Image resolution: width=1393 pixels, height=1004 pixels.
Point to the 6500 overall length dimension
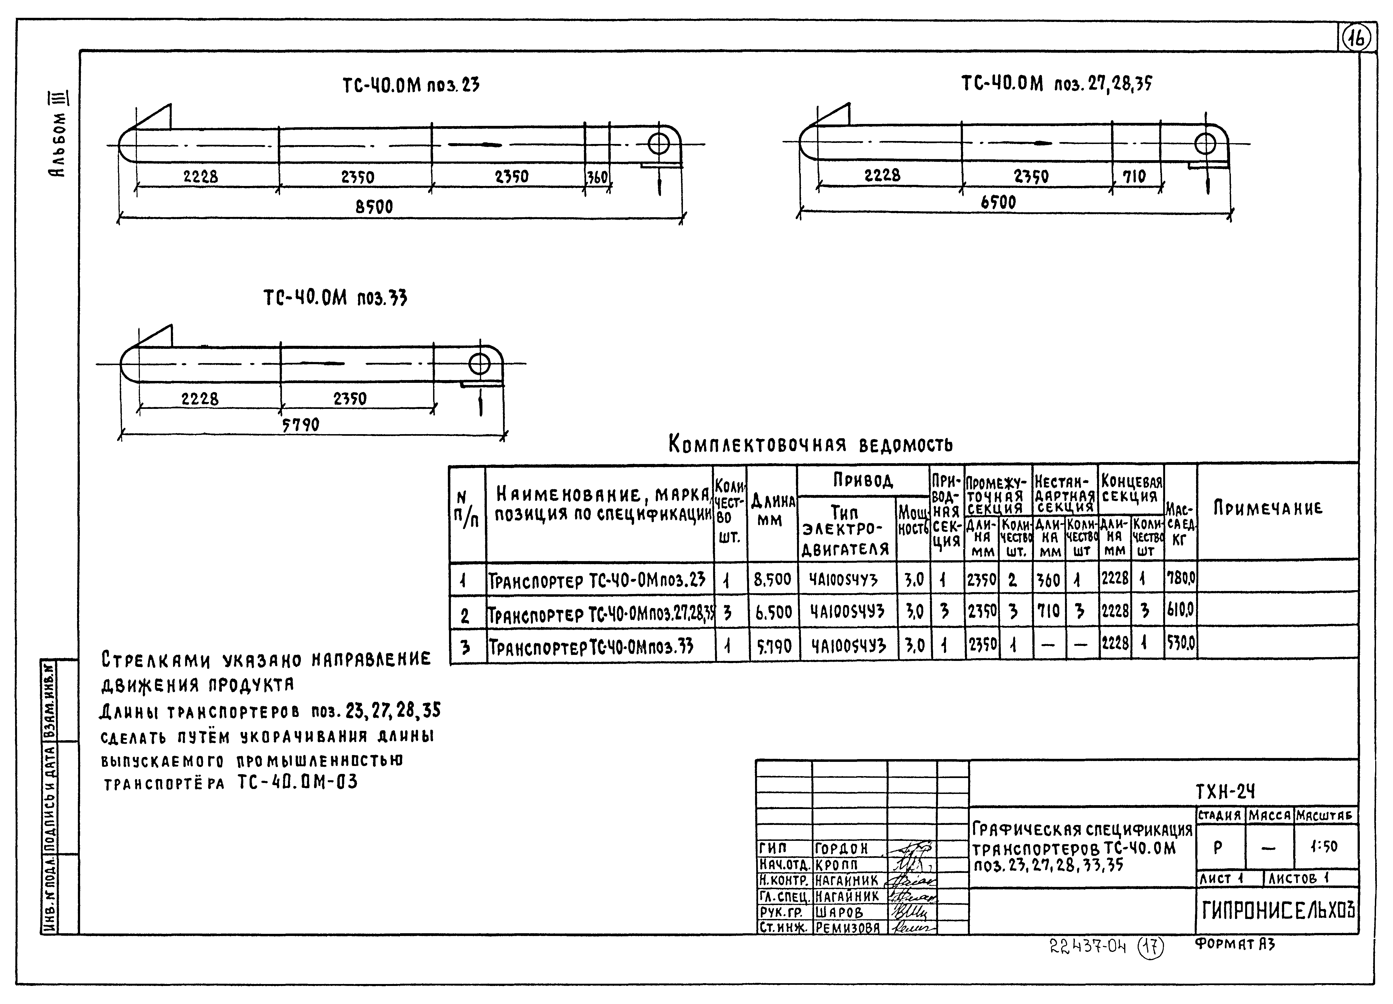tap(998, 202)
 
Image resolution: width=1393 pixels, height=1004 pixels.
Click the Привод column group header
tap(862, 480)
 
